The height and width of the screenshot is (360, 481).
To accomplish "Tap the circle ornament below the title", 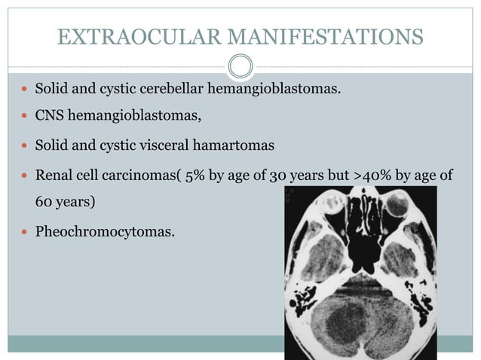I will (x=240, y=66).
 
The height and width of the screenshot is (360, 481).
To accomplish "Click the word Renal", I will (x=54, y=175).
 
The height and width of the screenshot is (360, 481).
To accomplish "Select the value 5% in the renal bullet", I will (x=196, y=175).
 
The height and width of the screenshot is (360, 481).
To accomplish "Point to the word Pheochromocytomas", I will (x=105, y=231).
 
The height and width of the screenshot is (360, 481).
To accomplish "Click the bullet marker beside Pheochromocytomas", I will (x=25, y=231).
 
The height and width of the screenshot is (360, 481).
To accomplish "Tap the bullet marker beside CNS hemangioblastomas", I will (x=25, y=117).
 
